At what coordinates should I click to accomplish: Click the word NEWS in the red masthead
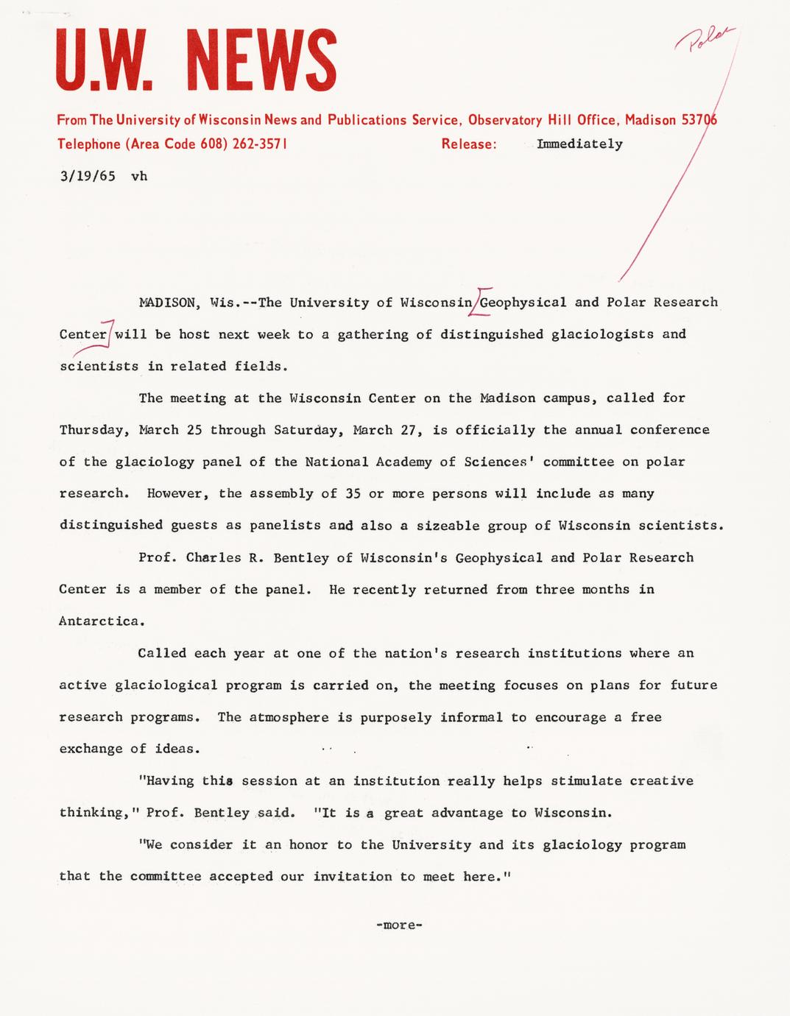[258, 60]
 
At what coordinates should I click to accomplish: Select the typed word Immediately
[579, 144]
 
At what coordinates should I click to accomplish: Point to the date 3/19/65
[88, 177]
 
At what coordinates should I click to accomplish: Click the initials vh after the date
[139, 177]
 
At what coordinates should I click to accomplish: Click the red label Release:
[469, 144]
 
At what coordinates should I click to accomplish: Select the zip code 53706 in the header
[699, 120]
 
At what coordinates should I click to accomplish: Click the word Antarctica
[99, 621]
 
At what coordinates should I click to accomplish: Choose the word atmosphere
[289, 717]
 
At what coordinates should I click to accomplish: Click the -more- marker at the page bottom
[398, 925]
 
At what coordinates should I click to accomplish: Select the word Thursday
[91, 430]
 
